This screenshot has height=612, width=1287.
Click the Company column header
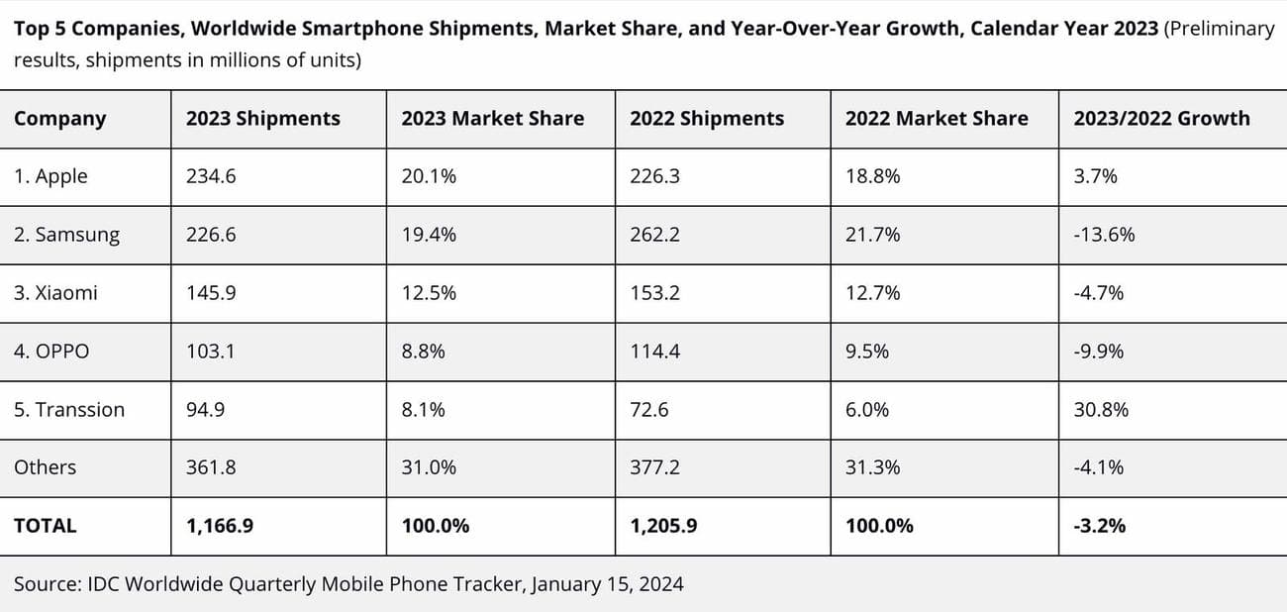coord(59,119)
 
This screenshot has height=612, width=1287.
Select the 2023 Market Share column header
coord(492,119)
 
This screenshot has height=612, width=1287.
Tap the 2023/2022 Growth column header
coord(1161,119)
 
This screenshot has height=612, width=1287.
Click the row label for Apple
coord(50,176)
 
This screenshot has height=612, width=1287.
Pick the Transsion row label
coord(69,410)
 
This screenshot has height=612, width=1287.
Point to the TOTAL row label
coord(45,526)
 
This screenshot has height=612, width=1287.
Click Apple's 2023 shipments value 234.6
coord(211,176)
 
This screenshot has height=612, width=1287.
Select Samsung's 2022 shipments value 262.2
coord(654,235)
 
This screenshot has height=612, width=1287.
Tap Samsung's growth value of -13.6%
coord(1104,235)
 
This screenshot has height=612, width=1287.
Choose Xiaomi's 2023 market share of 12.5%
coord(429,293)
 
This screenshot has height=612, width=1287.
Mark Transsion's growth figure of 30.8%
coord(1101,410)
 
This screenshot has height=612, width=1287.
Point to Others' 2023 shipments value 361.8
coord(211,467)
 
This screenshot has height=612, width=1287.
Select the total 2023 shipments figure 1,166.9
coord(220,526)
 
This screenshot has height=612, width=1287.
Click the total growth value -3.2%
coord(1099,526)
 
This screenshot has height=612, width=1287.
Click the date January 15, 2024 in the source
coord(607,584)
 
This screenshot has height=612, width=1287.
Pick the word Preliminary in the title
coord(1221,28)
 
